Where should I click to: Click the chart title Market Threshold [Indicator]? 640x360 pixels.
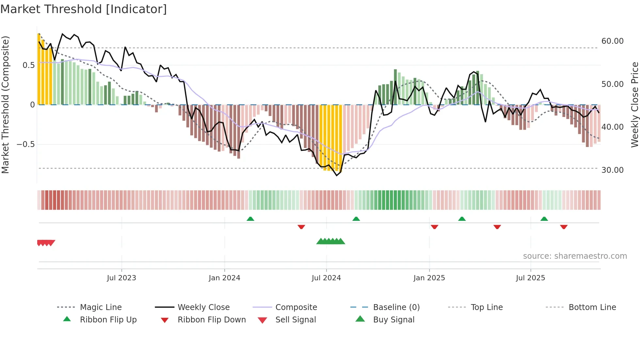point(84,9)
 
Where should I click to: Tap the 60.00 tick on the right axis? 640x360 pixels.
point(612,41)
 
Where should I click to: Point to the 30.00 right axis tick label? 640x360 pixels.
point(612,170)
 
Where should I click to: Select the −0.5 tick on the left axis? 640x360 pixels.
point(25,144)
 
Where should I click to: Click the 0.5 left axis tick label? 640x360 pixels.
point(28,65)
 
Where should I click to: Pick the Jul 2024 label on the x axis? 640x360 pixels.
point(326,278)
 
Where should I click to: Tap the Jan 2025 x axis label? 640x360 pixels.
point(429,278)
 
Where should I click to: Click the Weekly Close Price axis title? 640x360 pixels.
point(634,105)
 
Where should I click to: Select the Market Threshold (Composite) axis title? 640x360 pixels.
point(5,105)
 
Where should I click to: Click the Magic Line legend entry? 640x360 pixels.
point(101,307)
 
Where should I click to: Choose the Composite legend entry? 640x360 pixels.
point(296,307)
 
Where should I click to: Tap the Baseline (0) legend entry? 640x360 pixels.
point(396,307)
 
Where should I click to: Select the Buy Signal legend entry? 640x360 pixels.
point(393,319)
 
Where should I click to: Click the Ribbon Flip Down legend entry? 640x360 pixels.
point(211,319)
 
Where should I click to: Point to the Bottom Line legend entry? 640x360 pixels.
point(592,307)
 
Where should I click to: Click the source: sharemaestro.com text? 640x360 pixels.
point(575,256)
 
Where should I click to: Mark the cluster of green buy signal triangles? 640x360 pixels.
point(330,241)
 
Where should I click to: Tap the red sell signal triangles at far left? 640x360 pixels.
point(46,243)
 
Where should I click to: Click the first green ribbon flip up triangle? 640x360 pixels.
point(250,219)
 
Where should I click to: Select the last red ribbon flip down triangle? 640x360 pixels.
point(564,227)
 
